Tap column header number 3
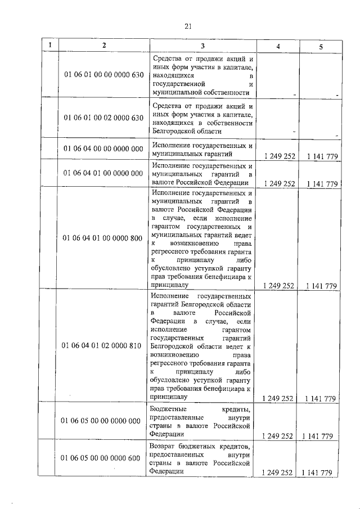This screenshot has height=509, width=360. (x=202, y=46)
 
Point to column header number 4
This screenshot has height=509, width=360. (x=278, y=46)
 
